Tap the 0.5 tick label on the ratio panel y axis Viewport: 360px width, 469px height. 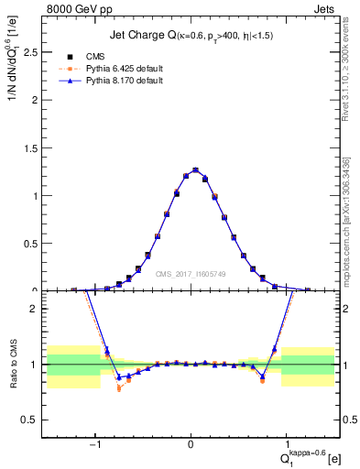coord(30,420)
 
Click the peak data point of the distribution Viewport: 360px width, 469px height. coord(195,170)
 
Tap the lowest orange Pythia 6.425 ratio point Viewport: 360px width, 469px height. coord(119,388)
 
